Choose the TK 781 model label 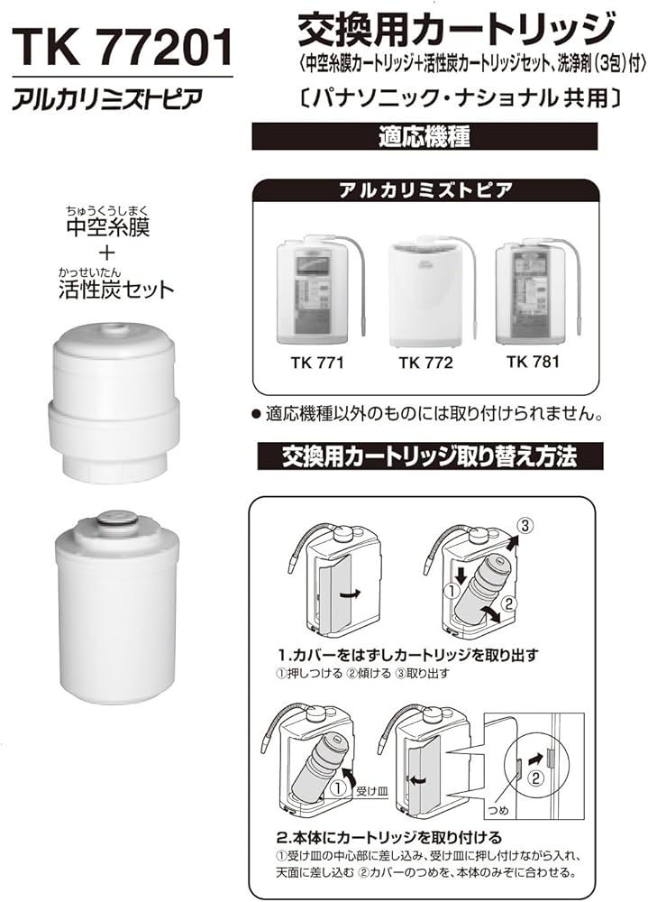click(533, 363)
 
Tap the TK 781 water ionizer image click(532, 290)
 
